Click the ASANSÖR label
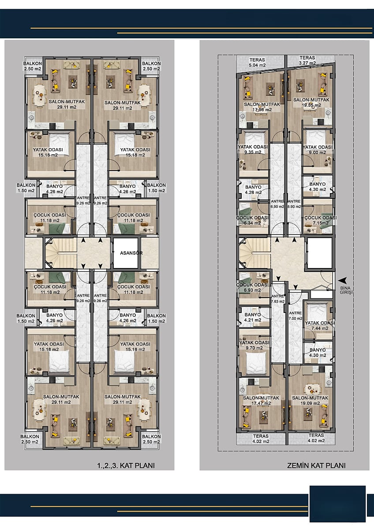(131, 253)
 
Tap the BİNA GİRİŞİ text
(345, 290)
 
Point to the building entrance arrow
(342, 280)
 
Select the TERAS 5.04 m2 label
(257, 63)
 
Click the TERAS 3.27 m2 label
(307, 60)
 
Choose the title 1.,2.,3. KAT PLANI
(126, 466)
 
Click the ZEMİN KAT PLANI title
(316, 466)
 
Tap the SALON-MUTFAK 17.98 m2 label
(262, 107)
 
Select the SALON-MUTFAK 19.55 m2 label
(311, 102)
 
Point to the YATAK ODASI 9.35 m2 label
(253, 149)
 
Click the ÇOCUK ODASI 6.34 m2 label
(252, 220)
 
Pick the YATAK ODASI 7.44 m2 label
(320, 325)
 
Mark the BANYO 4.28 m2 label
(253, 190)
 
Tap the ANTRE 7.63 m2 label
(278, 299)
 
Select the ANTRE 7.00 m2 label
(295, 316)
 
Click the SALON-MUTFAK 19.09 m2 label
(310, 400)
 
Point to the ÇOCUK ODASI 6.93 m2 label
(252, 287)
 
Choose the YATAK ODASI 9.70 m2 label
(254, 345)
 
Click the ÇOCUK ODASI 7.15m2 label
(321, 220)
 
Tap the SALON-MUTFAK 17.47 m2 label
(261, 400)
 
